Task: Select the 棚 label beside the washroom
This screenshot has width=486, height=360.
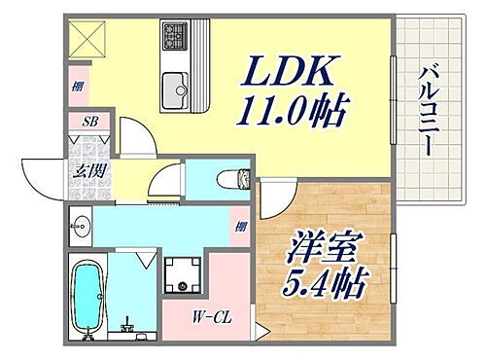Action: click(240, 228)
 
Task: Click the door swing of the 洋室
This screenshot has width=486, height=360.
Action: click(276, 200)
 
